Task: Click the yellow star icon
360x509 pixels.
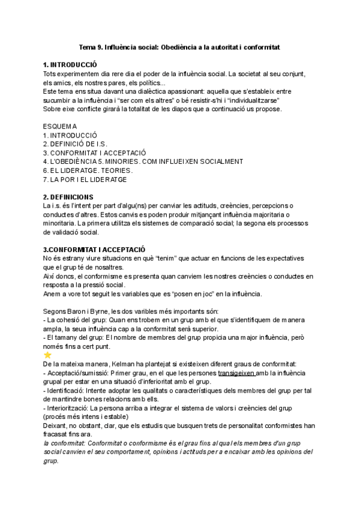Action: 48,355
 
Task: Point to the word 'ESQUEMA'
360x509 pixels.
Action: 60,126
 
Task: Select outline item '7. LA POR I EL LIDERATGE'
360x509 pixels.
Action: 85,179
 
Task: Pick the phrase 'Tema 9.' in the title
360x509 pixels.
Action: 92,46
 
